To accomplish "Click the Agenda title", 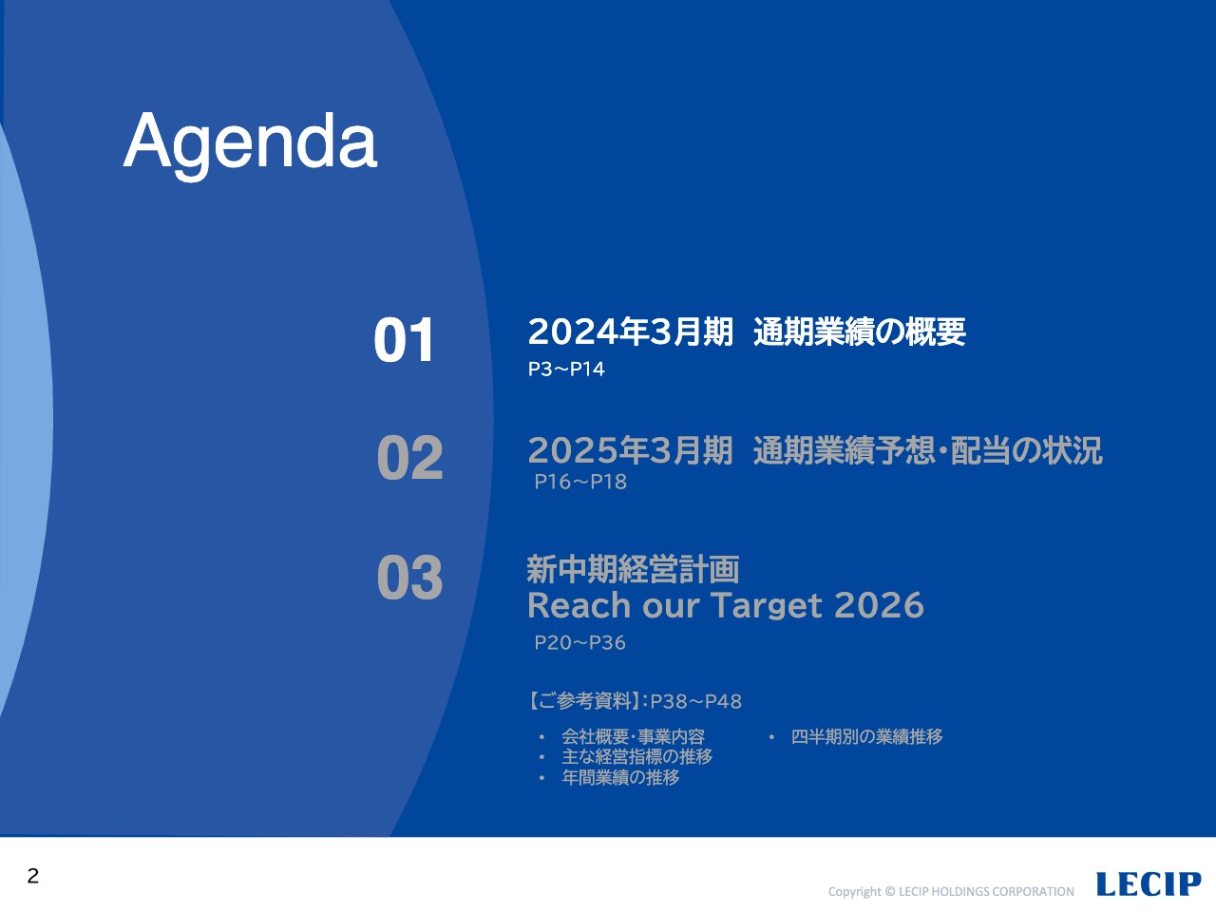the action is [x=251, y=144].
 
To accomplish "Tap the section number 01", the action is [x=404, y=340].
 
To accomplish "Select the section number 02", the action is [x=410, y=457].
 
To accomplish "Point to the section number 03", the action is [x=410, y=578].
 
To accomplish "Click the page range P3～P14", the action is [x=566, y=370].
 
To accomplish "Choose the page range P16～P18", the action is [x=580, y=482].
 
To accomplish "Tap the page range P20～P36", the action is [x=580, y=642].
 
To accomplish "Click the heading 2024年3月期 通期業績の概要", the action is [x=747, y=332].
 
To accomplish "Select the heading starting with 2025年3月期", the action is [x=815, y=450].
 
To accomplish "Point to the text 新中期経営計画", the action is [x=634, y=569].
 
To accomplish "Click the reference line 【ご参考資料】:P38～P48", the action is [x=635, y=702].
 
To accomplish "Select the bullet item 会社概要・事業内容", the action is [x=634, y=736].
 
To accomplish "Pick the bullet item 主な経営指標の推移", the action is [x=637, y=756].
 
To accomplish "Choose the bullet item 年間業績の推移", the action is [x=620, y=777].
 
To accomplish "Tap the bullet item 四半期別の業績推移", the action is [x=867, y=736].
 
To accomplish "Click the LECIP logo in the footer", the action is [x=1149, y=883].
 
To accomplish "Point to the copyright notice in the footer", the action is [x=951, y=891].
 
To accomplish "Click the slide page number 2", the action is [x=33, y=876].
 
